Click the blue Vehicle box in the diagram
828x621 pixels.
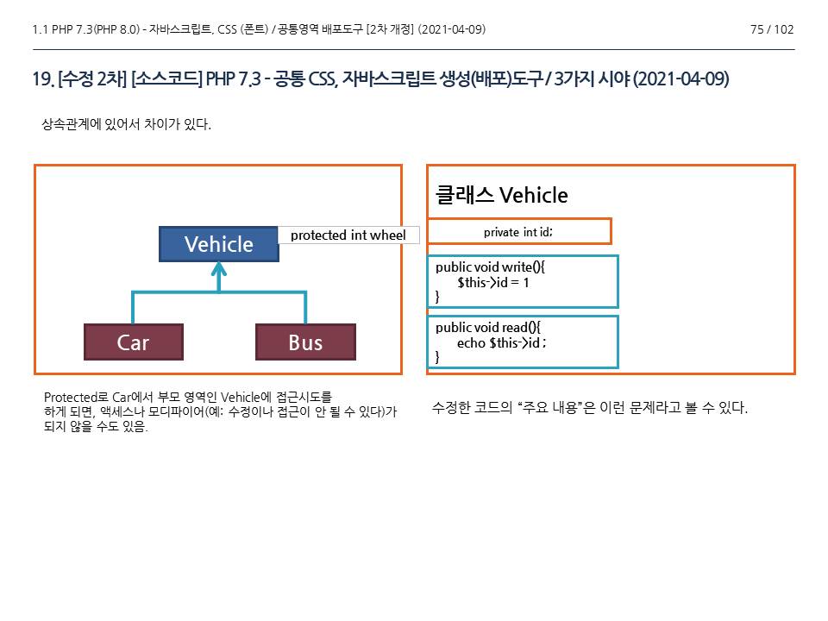click(x=219, y=244)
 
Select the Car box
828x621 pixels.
click(x=134, y=342)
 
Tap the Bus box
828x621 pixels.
click(x=305, y=342)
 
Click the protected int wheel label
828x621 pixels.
click(x=348, y=235)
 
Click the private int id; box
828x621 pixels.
click(x=518, y=232)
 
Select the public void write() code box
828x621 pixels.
click(x=523, y=282)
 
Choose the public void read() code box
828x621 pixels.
click(x=523, y=342)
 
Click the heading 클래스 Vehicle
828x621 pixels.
click(x=502, y=196)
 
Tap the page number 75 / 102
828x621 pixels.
click(x=772, y=30)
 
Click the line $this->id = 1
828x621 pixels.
click(x=493, y=282)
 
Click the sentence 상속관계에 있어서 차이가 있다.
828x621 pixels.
click(x=127, y=125)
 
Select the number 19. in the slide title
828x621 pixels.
click(x=42, y=80)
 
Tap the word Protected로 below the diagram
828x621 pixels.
click(x=76, y=398)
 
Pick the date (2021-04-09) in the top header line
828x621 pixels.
click(x=451, y=30)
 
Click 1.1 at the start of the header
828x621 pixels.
click(x=39, y=30)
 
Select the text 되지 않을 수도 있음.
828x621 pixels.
click(x=95, y=428)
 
